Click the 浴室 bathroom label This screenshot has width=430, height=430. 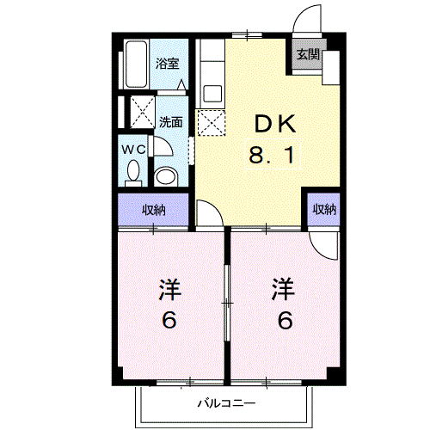[167, 64]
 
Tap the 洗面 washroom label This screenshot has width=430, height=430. [171, 122]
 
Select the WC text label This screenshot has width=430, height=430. [133, 149]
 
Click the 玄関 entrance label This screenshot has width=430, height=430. [308, 54]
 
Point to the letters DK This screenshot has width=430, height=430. [275, 124]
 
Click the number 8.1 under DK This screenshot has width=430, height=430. [272, 155]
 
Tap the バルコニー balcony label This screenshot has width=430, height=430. [226, 403]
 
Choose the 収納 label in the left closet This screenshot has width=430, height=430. [154, 210]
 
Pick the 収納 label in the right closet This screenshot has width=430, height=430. [324, 209]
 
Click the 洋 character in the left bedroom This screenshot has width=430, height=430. [169, 290]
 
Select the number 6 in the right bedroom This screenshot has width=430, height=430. [286, 320]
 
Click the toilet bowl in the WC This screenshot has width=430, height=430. [133, 171]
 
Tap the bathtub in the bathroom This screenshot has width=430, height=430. [136, 64]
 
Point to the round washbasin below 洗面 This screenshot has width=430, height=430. [166, 176]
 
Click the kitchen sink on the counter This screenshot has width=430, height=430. [212, 94]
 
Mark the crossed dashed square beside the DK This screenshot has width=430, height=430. [212, 123]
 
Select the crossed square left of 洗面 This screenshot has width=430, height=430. [143, 112]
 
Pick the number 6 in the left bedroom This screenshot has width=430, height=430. [169, 320]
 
